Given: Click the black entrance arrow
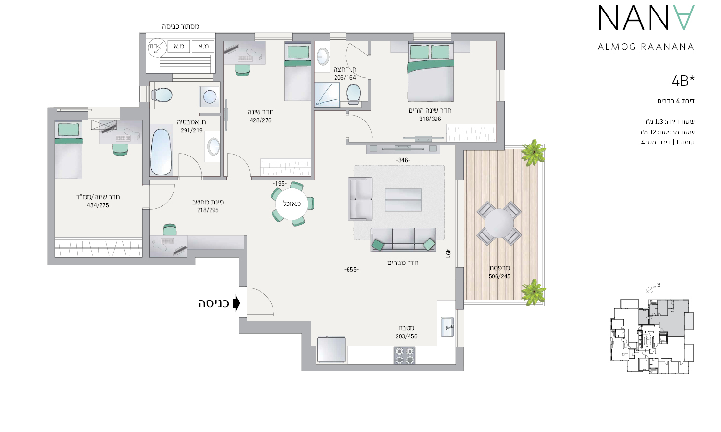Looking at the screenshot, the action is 236,303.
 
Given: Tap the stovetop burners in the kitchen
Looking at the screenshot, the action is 405,355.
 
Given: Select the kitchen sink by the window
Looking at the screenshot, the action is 447,327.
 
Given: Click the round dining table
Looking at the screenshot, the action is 292,204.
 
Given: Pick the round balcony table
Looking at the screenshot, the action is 499,223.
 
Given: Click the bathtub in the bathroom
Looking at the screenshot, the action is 161,152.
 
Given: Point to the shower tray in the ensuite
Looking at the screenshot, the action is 327,95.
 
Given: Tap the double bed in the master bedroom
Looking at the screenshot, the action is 430,72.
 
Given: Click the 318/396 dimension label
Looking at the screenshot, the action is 430,119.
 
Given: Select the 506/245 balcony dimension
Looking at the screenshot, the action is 499,276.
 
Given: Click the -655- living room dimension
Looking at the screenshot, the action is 351,270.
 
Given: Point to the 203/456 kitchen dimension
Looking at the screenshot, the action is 407,336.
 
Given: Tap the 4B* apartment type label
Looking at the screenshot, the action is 683,81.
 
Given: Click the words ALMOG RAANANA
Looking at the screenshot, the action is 646,47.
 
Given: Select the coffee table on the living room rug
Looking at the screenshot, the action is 403,200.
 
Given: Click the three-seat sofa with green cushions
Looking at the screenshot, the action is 403,239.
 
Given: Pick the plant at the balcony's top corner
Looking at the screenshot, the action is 534,152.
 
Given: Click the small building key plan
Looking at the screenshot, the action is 652,336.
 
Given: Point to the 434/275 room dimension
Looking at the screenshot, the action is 98,205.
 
